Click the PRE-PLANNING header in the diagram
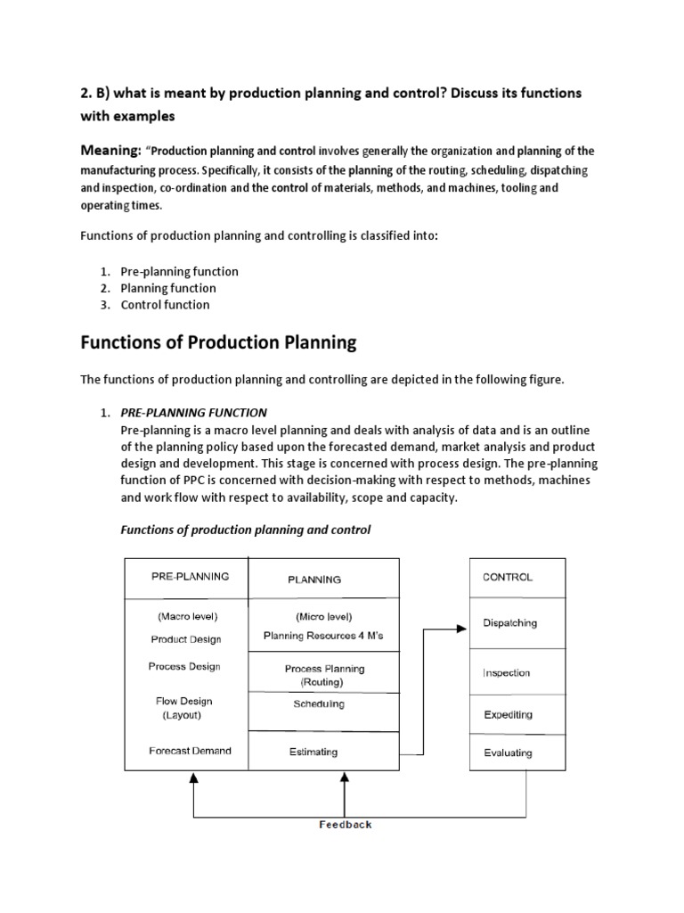pyautogui.click(x=189, y=577)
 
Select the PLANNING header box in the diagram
pyautogui.click(x=313, y=579)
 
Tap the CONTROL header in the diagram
pyautogui.click(x=508, y=577)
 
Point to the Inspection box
pyautogui.click(x=506, y=673)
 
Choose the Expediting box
pyautogui.click(x=508, y=714)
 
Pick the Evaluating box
pyautogui.click(x=508, y=753)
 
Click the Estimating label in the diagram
pyautogui.click(x=313, y=752)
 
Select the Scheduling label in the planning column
pyautogui.click(x=318, y=704)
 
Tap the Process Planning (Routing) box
pyautogui.click(x=324, y=675)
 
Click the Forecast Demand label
pyautogui.click(x=190, y=751)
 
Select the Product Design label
pyautogui.click(x=186, y=639)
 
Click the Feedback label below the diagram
pyautogui.click(x=346, y=824)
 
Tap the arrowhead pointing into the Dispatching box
pyautogui.click(x=460, y=629)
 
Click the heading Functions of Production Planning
pyautogui.click(x=218, y=342)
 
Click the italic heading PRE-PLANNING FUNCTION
pyautogui.click(x=193, y=413)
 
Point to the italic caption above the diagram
pyautogui.click(x=245, y=530)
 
